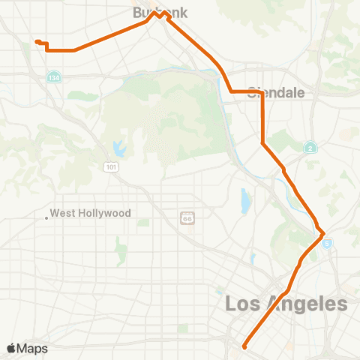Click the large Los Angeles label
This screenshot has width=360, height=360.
click(286, 304)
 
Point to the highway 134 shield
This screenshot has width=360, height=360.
click(54, 77)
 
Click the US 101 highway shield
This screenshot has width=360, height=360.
click(111, 166)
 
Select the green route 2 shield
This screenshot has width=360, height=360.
click(310, 148)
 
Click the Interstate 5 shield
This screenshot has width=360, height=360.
click(328, 243)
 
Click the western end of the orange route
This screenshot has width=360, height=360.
click(36, 41)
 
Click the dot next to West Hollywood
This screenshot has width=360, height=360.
click(46, 218)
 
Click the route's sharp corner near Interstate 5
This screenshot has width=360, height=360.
click(323, 235)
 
